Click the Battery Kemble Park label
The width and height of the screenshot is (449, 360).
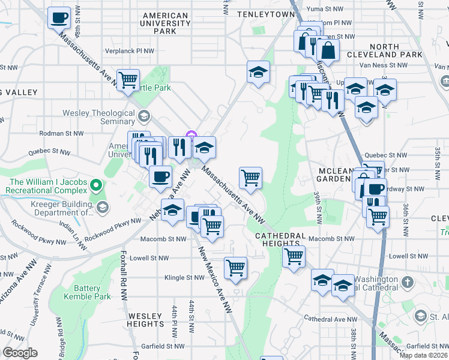click(86, 292)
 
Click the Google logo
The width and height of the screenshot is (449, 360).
click(20, 353)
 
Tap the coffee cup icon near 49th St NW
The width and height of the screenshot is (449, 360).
click(59, 18)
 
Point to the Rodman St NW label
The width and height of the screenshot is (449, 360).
click(59, 133)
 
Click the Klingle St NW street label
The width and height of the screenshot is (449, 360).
click(185, 278)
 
